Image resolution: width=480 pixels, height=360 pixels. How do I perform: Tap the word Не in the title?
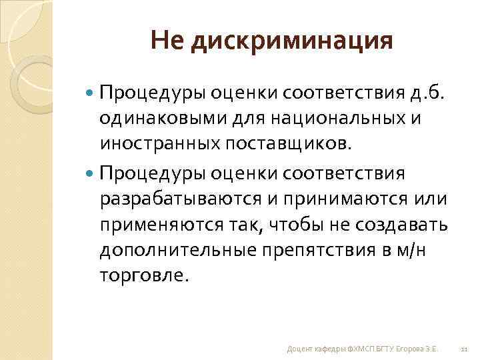(x=167, y=42)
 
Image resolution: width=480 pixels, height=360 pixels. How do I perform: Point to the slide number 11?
(x=465, y=349)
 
